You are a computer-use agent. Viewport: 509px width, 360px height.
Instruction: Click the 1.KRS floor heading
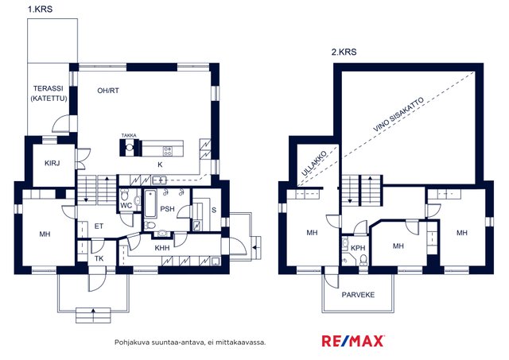click(x=40, y=9)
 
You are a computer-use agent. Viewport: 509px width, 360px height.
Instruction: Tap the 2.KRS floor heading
click(x=344, y=52)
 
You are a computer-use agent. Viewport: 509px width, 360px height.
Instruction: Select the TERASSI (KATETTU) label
click(x=49, y=94)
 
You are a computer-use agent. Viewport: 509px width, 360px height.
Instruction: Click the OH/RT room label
click(x=108, y=91)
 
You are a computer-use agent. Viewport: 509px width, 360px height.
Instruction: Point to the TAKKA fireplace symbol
click(x=130, y=147)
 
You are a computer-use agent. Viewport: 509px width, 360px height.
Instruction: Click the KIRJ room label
click(x=52, y=163)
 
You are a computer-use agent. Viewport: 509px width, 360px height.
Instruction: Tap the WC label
click(x=126, y=205)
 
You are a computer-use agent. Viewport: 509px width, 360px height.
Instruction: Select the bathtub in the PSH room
click(x=150, y=203)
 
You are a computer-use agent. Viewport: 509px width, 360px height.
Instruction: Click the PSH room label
click(x=167, y=209)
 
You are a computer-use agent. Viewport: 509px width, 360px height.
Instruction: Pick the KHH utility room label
click(x=162, y=248)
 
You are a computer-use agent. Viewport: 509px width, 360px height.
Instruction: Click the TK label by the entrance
click(x=99, y=258)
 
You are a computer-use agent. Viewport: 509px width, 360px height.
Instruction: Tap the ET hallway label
click(x=99, y=226)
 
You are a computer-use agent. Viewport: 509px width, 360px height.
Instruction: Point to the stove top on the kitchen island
click(x=168, y=150)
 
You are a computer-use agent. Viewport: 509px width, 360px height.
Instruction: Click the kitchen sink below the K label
click(x=159, y=180)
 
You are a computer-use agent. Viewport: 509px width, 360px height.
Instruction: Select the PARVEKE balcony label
click(x=358, y=295)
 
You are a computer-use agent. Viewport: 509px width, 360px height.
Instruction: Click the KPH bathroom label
click(x=358, y=248)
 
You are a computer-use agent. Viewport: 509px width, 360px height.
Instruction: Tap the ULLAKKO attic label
click(x=313, y=163)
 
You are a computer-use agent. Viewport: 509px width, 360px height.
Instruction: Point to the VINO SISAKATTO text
click(x=398, y=114)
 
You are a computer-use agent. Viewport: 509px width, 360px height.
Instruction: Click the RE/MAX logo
click(x=353, y=341)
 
